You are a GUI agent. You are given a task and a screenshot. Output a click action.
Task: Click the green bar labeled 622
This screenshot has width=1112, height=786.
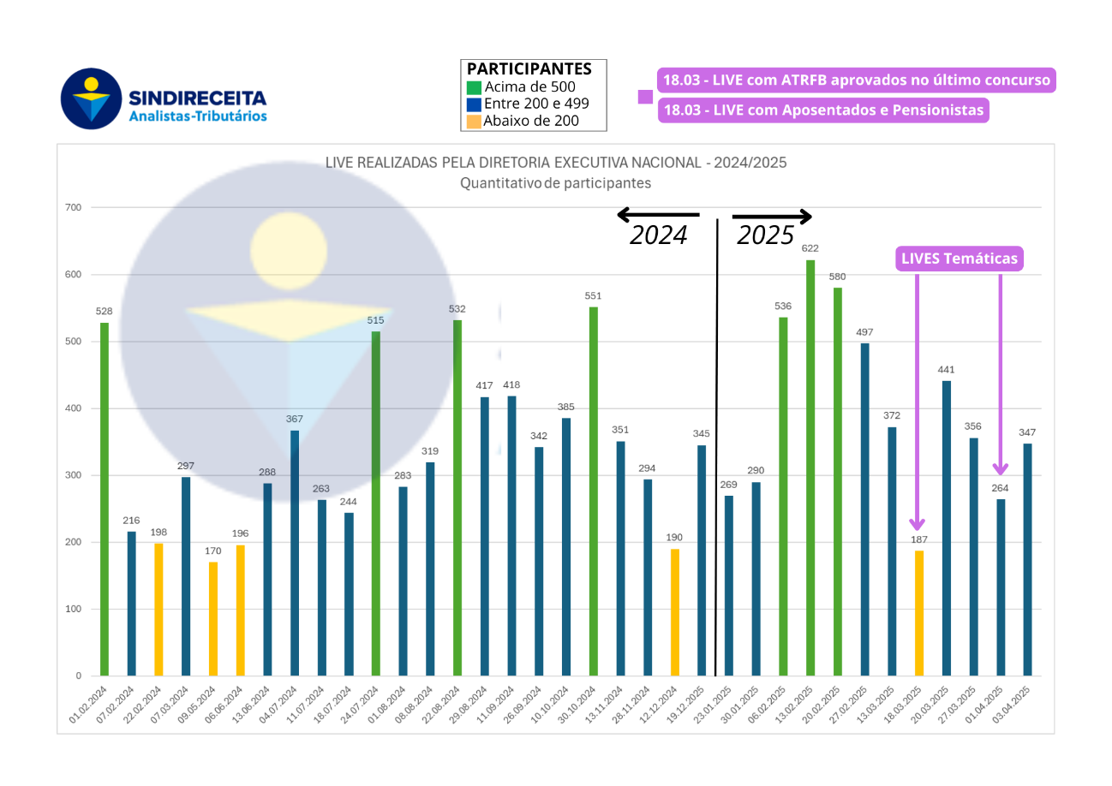point(810,467)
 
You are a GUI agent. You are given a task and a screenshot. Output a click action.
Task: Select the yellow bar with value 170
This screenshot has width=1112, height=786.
point(213,618)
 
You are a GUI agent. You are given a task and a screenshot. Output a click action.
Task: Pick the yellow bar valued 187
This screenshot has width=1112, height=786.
point(919,613)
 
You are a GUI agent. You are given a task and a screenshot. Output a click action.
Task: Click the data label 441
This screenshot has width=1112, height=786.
point(946,370)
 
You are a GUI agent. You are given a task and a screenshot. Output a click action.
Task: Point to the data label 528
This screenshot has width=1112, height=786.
point(105,312)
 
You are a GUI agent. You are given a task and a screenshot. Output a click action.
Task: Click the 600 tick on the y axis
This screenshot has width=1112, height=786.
point(74,275)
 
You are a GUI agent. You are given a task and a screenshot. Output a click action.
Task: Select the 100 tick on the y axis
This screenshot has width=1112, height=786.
point(74,609)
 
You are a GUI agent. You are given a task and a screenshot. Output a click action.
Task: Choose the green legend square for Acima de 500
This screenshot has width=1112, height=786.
point(474,87)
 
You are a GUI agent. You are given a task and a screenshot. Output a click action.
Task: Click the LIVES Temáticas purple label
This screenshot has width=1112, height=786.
point(960,259)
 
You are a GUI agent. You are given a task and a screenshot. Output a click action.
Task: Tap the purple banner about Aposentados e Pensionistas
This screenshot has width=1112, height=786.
point(822,110)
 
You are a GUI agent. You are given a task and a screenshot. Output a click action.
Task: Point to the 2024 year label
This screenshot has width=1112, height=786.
point(659,235)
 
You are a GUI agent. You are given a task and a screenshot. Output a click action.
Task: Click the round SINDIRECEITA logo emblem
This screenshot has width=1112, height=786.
point(91,98)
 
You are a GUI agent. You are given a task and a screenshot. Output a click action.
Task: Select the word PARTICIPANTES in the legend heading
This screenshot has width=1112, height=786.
point(529,69)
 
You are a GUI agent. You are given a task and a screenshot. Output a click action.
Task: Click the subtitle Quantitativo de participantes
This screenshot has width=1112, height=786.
point(555,183)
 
